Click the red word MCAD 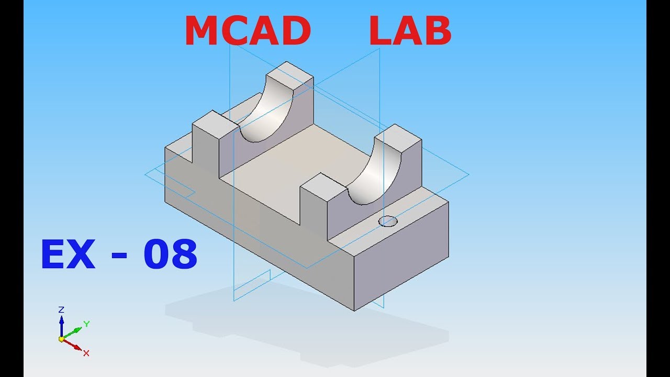[248, 31]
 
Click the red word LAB [410, 31]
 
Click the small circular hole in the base [388, 221]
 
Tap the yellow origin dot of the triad [61, 339]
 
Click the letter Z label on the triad [61, 309]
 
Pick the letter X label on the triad [86, 353]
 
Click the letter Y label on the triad [87, 324]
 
